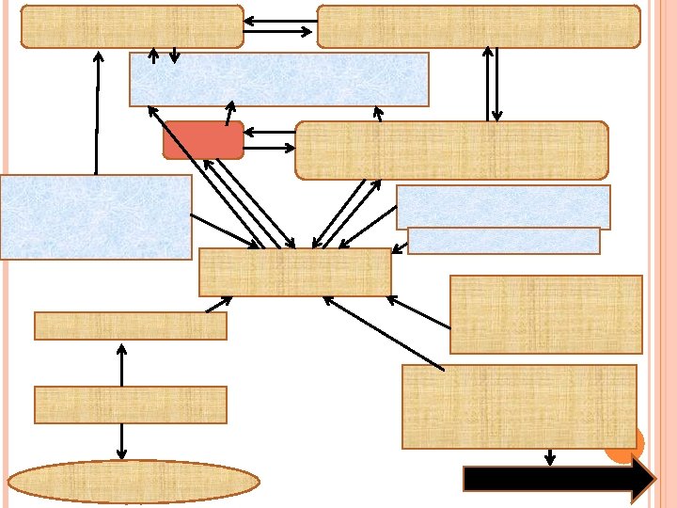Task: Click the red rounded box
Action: click(203, 139)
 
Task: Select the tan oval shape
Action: click(134, 481)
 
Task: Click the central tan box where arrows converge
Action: click(294, 272)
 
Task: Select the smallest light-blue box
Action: click(504, 241)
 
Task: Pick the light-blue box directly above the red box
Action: click(278, 79)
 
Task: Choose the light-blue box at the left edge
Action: click(96, 216)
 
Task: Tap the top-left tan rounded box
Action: click(132, 26)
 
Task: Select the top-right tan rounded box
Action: click(479, 26)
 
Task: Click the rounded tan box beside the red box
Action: click(451, 150)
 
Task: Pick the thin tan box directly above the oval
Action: click(130, 405)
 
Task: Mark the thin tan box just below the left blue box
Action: click(130, 325)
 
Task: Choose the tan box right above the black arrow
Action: click(519, 406)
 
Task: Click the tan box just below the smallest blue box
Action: click(545, 314)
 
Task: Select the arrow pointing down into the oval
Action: click(121, 442)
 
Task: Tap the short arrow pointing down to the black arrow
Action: click(550, 457)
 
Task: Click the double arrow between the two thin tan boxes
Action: click(121, 363)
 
